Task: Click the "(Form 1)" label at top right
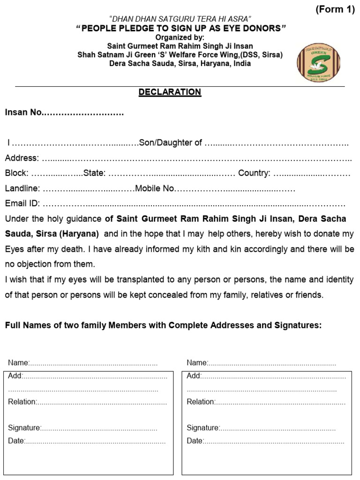(335, 11)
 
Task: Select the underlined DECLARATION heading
(170, 92)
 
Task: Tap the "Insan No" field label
(23, 113)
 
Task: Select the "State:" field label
(94, 173)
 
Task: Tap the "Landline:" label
(22, 188)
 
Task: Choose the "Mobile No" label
(155, 188)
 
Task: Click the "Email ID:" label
(22, 204)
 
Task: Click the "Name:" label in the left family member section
(19, 362)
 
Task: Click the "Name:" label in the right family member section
(197, 362)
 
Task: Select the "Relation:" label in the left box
(22, 402)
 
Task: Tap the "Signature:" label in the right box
(203, 427)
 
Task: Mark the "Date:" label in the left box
(16, 441)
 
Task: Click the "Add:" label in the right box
(194, 375)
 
